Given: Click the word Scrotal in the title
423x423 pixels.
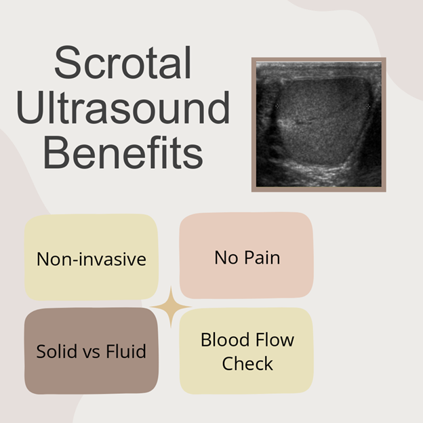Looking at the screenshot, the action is coord(123,62).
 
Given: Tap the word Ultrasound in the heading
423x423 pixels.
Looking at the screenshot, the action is coord(123,107).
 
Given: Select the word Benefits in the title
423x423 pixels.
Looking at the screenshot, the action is coord(123,153).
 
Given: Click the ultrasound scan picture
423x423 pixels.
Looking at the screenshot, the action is coord(319,124).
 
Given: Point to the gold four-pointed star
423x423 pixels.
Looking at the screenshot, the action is coord(171,307).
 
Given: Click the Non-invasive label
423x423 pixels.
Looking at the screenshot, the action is coord(92,259).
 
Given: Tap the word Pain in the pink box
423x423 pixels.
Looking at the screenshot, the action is coord(262,258).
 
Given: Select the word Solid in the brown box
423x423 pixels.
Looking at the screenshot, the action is coord(56,351).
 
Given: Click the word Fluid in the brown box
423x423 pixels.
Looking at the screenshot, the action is coord(126,351).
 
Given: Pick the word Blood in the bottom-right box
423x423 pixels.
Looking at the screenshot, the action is coord(225,340).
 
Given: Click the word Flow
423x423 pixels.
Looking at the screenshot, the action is coord(275,340).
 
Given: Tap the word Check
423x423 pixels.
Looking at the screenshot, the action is coord(247,363).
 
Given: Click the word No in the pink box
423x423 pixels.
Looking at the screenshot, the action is coord(226,258).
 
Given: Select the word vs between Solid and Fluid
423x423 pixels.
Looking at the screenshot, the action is coord(92,353).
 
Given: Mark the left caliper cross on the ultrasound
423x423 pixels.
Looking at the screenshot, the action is coord(277,106).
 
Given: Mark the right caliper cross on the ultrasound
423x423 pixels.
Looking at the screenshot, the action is coord(368,106).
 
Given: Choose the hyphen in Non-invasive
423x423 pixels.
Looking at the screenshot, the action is coord(76,260).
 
